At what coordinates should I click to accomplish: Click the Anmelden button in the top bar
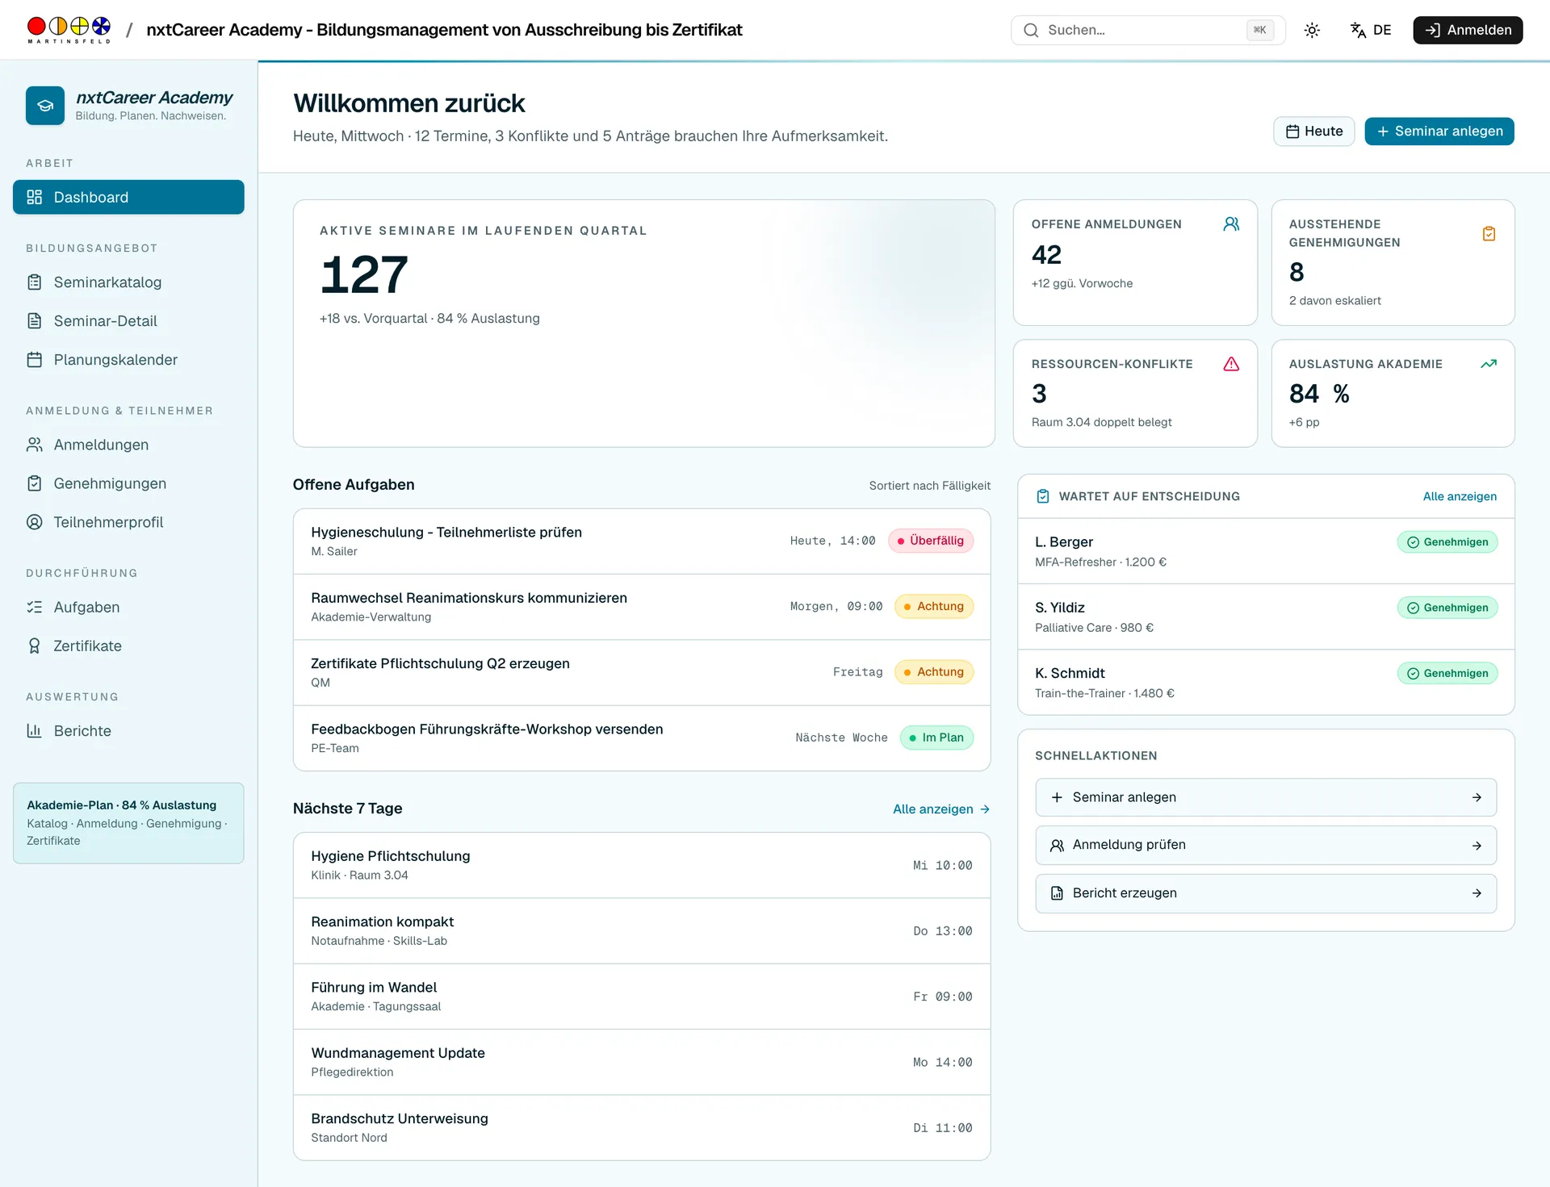tap(1468, 30)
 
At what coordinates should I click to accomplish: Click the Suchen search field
tap(1147, 30)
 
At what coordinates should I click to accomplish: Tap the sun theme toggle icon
tap(1312, 31)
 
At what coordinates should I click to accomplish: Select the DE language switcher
tap(1371, 30)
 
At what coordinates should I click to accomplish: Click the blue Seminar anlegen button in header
tap(1439, 132)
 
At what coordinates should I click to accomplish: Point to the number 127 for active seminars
tap(364, 274)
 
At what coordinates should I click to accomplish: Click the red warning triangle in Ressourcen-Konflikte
tap(1231, 364)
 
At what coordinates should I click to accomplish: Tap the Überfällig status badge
tap(931, 541)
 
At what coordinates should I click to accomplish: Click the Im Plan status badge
tap(936, 738)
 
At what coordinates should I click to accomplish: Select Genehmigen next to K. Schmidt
tap(1447, 673)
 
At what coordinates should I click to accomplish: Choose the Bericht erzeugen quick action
tap(1266, 893)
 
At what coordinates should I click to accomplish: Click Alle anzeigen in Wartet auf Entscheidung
tap(1460, 496)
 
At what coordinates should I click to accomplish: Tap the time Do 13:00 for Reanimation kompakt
tap(943, 931)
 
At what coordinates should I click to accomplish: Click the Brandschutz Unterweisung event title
tap(400, 1118)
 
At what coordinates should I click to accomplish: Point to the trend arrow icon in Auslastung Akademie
tap(1489, 364)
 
